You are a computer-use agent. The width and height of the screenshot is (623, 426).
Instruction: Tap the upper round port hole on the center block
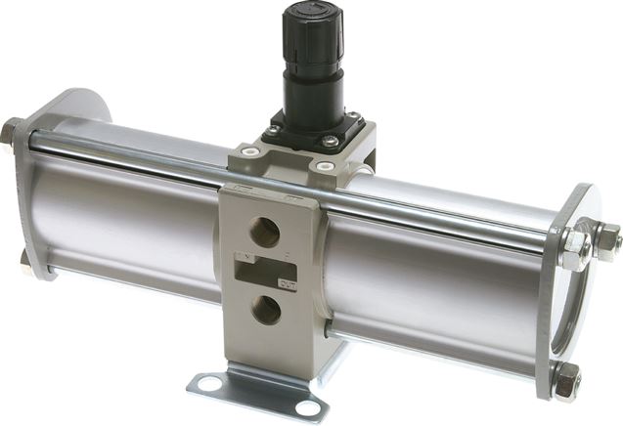click(265, 232)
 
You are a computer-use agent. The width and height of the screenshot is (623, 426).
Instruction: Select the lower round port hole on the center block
click(265, 310)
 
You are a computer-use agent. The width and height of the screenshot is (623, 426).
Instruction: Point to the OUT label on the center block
click(289, 284)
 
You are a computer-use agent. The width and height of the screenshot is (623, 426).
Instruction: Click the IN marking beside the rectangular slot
click(242, 256)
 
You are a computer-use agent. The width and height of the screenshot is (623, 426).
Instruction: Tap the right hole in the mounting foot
click(309, 408)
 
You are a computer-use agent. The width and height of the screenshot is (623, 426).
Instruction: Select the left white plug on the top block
click(248, 152)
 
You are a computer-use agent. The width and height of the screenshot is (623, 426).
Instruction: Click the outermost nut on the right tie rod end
click(607, 237)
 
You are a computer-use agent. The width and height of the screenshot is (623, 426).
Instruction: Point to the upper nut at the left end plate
click(10, 130)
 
